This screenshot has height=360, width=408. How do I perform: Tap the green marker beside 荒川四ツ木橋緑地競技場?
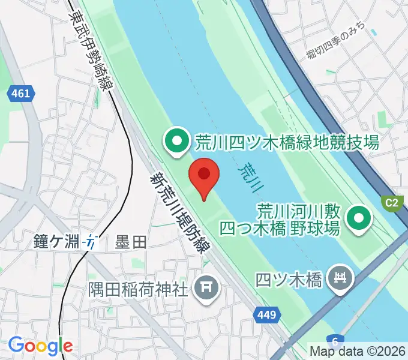pos(177,142)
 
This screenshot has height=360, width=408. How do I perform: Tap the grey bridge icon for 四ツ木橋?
pos(341,278)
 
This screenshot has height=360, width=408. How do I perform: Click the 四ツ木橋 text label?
pos(289,279)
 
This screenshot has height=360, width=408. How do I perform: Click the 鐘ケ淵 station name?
pos(57,242)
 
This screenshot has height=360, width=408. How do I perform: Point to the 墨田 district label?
pos(131,242)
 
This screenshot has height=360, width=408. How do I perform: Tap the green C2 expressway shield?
pos(391,203)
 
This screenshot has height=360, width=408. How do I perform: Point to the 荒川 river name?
pos(251,177)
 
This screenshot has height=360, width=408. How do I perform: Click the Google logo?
pos(40,346)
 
